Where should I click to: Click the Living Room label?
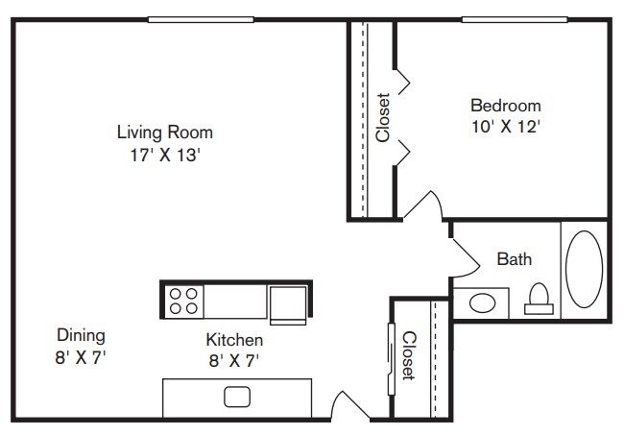165,133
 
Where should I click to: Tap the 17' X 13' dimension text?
165,155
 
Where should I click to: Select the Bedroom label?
506,106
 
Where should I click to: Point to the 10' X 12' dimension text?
506,127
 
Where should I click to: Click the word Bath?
515,259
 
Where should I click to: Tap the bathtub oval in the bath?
584,270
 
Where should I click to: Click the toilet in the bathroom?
539,299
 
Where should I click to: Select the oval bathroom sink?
482,303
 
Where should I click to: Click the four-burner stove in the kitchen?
183,302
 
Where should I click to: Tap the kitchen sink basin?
237,397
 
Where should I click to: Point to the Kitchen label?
234,340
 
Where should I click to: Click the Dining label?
81,335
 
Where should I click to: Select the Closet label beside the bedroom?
383,117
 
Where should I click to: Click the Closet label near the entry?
409,356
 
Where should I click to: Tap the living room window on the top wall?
201,19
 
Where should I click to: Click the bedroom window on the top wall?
515,19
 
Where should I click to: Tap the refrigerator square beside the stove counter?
288,303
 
